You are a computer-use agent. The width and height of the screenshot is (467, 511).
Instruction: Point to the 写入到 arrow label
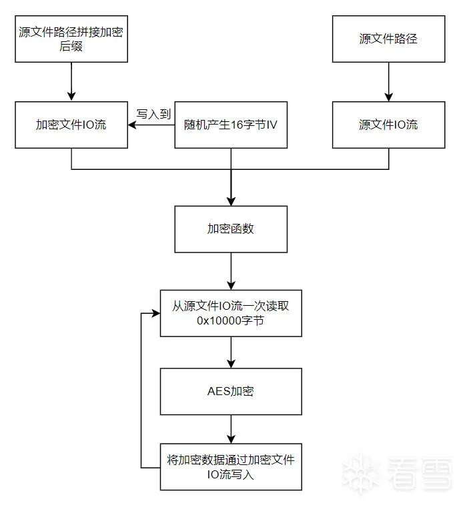click(153, 114)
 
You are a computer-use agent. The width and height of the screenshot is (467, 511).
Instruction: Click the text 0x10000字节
click(230, 320)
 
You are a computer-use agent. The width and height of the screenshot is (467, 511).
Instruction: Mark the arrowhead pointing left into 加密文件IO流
click(132, 125)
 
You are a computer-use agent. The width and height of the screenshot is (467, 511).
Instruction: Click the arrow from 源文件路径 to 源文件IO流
click(388, 82)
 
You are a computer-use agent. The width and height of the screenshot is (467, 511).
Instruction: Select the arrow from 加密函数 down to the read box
click(231, 271)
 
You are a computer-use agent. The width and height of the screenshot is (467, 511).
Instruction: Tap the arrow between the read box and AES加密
click(231, 352)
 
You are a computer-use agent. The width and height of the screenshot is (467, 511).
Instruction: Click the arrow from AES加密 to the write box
click(231, 429)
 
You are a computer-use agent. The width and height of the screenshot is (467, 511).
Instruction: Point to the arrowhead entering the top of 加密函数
click(231, 201)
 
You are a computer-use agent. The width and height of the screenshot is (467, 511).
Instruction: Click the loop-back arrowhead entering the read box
click(156, 313)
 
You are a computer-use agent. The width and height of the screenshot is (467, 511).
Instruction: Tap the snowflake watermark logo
click(361, 473)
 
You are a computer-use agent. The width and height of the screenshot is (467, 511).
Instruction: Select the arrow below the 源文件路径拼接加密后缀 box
click(71, 82)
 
